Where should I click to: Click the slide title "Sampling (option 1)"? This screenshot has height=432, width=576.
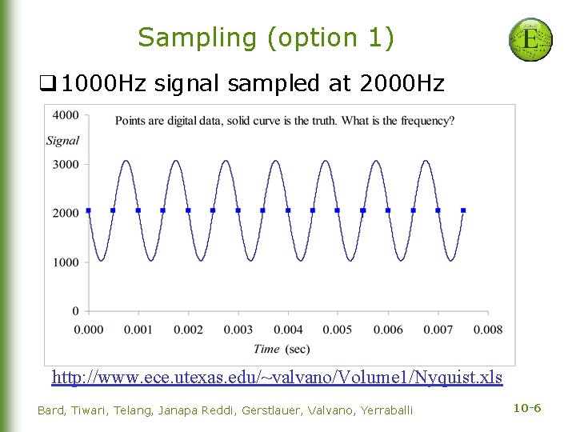266,38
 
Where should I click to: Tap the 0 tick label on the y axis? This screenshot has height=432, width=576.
75,311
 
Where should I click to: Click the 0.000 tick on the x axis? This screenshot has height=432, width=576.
88,330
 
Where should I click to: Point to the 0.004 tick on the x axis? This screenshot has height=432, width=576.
288,330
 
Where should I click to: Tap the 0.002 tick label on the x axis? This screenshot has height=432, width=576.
188,330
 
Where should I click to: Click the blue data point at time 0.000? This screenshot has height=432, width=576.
88,210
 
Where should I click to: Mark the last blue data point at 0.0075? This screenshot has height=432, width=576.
463,210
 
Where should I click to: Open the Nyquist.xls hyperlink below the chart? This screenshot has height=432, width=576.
277,377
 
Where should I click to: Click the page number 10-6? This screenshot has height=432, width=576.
527,409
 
